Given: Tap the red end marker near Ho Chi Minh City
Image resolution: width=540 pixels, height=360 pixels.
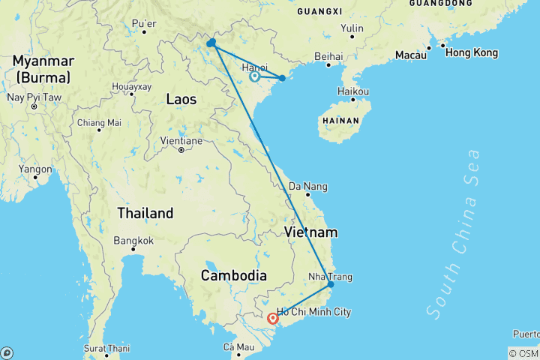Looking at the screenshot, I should [273, 319].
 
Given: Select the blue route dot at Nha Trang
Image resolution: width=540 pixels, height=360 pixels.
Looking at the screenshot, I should [330, 285].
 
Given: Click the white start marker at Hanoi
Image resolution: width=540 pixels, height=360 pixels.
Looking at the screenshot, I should [254, 76].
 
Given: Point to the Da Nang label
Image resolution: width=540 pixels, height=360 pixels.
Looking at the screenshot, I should [308, 186].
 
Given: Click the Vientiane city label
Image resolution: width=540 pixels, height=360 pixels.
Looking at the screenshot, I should [181, 140].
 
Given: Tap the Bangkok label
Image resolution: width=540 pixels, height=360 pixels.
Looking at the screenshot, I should [134, 241].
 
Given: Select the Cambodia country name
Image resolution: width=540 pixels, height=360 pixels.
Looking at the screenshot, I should [233, 275].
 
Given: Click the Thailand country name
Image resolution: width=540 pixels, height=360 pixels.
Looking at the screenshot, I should [145, 213].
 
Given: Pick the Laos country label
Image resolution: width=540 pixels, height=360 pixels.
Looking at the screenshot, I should [181, 99].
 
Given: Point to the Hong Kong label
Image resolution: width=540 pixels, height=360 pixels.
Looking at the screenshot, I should [471, 53].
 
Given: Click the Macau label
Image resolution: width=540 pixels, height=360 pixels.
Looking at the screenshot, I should [411, 55].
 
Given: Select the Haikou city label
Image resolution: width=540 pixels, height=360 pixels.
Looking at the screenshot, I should [354, 91].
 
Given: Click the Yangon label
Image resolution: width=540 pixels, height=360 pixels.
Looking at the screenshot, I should [36, 169].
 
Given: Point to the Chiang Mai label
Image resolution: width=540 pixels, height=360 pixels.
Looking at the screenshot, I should [99, 123].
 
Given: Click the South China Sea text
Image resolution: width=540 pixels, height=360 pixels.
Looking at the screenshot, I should [451, 233].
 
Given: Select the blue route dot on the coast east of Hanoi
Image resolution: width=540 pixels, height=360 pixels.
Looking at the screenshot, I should [282, 78].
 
